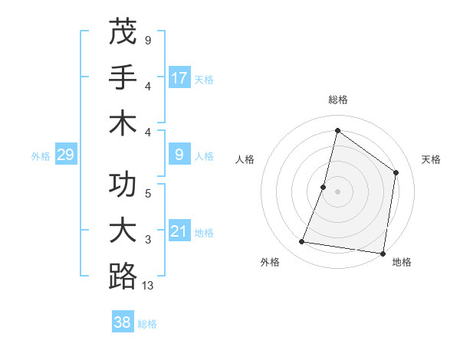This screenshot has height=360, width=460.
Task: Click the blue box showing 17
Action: coord(179,77)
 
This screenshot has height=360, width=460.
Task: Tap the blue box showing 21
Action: coord(179,232)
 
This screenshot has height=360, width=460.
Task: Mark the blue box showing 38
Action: coord(123,322)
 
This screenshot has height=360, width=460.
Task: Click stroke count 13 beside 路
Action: coord(148,286)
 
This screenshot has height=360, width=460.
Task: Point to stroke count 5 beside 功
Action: coord(148,193)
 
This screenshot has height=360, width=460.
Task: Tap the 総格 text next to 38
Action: coord(147,324)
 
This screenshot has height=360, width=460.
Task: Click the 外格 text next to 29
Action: coord(41,156)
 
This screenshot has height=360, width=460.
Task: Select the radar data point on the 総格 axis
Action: coord(337,130)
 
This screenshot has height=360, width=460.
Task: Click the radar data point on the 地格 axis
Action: coord(383,253)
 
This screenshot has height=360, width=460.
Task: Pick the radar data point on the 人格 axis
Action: coord(324,187)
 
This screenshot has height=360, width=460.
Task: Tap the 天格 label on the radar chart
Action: coord(431,159)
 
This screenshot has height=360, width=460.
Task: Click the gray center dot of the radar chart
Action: coord(337,191)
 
